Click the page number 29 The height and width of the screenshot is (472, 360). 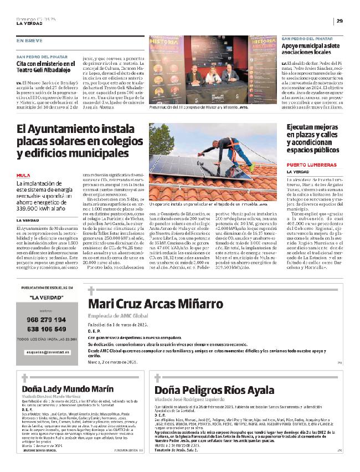coord(340,21)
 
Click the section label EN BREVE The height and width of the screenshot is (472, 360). coord(29,40)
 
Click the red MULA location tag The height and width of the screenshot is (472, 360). coord(23,174)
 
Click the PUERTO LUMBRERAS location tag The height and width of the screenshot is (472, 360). coord(311,165)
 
